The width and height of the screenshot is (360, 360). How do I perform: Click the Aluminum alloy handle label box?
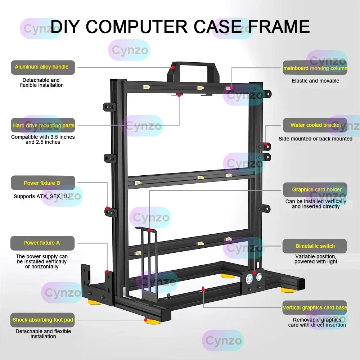tap(43, 67)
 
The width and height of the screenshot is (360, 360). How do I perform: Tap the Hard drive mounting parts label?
tap(43, 126)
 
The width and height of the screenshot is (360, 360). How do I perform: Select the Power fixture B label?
tap(43, 183)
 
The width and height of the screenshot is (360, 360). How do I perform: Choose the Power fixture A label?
tap(42, 243)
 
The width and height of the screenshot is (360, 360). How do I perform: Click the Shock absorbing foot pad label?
tap(43, 320)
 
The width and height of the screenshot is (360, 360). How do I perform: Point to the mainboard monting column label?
tap(315, 68)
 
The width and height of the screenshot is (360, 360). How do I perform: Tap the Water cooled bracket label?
tap(315, 125)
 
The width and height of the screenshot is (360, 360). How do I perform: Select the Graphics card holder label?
tap(315, 190)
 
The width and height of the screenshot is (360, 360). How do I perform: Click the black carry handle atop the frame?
tap(193, 66)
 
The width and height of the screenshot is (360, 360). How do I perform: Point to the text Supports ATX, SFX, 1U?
tap(42, 197)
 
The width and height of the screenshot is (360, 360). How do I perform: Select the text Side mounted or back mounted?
tap(315, 139)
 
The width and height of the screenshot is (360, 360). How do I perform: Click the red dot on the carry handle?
tap(173, 67)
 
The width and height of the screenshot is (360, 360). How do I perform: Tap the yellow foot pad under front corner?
tap(153, 321)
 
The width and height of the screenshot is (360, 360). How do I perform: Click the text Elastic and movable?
tap(315, 81)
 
